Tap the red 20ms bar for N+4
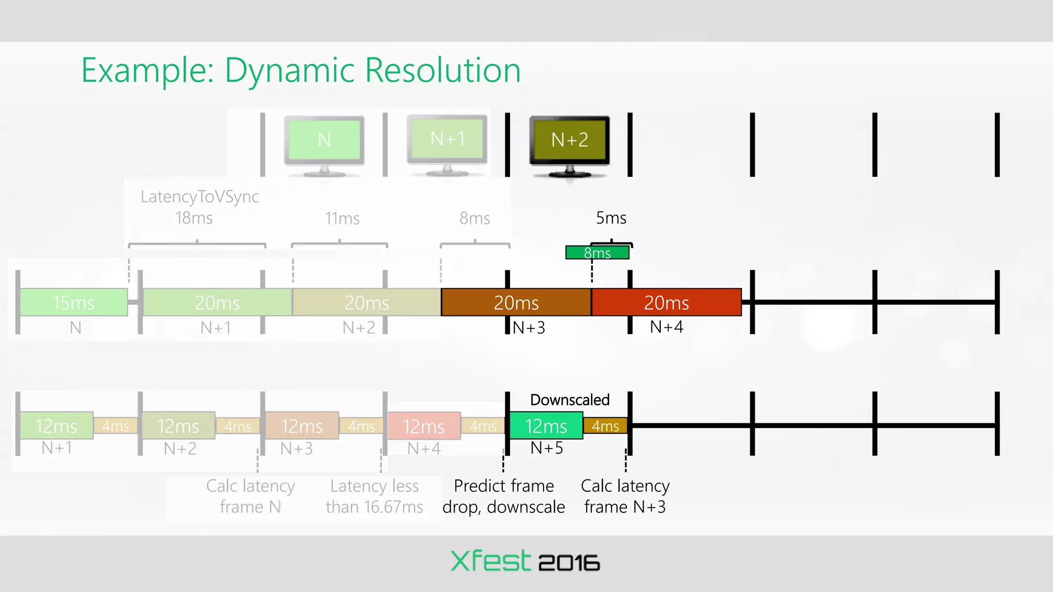tap(666, 302)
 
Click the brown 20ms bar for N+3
tap(516, 302)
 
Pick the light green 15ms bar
tap(74, 302)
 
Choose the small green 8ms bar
tap(597, 253)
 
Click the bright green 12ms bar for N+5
tap(546, 426)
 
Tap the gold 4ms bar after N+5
tap(605, 426)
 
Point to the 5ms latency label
tap(611, 218)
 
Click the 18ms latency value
tap(194, 218)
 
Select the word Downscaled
tap(570, 400)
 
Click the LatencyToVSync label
tap(199, 196)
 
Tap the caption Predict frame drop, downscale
tap(503, 496)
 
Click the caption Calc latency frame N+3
tap(625, 496)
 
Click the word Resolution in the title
tap(443, 70)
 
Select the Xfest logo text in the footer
tap(489, 561)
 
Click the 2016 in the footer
tap(569, 563)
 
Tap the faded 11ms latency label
tap(342, 218)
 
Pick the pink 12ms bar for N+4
tap(424, 426)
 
